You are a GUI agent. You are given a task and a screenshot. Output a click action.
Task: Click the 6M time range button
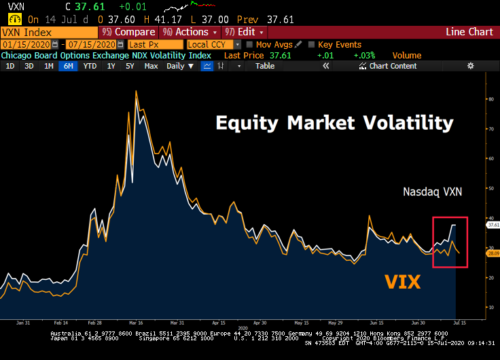coord(69,67)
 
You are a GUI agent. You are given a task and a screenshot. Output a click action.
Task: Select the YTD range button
coord(90,67)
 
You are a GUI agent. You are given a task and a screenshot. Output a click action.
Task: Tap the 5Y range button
coord(130,67)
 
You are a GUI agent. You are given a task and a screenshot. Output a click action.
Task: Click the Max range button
coord(151,67)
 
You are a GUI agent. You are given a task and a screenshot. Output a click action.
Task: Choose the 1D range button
coord(10,67)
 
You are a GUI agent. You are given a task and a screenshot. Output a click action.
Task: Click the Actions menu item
coord(191,32)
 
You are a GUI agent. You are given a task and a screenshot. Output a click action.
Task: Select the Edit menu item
coord(245,32)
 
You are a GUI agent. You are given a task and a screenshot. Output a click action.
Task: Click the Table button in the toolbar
coord(265,67)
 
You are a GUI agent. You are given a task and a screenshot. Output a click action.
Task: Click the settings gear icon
coord(471,66)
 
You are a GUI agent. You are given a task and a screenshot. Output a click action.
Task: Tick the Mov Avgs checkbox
coord(249,44)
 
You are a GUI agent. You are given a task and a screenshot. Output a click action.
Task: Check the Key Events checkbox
coord(312,44)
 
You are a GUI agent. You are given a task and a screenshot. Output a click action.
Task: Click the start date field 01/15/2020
coord(21,44)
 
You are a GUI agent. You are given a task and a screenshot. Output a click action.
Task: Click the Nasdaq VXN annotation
coord(432,192)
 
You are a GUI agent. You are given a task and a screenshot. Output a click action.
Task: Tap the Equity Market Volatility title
coord(334,123)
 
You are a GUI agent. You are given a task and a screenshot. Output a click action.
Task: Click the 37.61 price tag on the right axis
coord(493,224)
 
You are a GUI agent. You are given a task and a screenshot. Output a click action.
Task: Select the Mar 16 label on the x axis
coord(136,323)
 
